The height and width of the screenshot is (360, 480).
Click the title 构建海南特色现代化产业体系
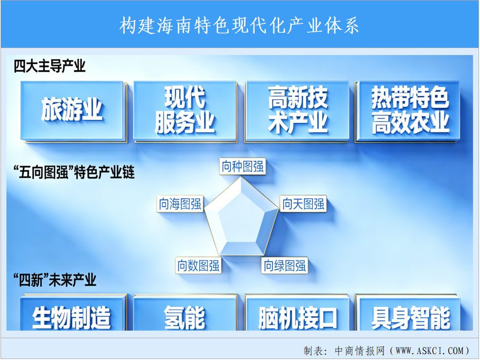[x=239, y=25]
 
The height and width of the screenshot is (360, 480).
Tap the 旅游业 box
[x=73, y=111]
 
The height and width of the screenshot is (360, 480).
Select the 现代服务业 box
[x=185, y=111]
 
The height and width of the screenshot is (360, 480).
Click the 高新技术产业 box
[x=297, y=111]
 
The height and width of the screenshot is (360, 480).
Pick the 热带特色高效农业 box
[x=408, y=111]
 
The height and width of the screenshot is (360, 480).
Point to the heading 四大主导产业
[x=50, y=66]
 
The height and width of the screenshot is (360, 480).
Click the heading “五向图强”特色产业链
[x=74, y=172]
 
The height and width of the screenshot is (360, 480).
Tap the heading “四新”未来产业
[x=55, y=280]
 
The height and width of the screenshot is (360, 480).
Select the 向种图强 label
[x=242, y=167]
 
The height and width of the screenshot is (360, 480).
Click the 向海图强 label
[x=180, y=204]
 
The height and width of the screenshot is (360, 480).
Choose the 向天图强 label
[x=303, y=204]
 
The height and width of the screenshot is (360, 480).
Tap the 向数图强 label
[x=199, y=265]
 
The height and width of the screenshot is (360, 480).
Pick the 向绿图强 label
[x=285, y=265]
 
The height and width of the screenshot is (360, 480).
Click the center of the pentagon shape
[x=242, y=218]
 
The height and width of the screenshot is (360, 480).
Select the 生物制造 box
[x=73, y=312]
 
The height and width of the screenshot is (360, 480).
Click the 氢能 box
[x=185, y=312]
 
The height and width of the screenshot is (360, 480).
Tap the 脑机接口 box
[x=297, y=312]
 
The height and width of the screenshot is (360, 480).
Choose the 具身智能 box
[x=408, y=312]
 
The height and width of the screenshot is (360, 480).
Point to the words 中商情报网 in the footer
[x=360, y=351]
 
